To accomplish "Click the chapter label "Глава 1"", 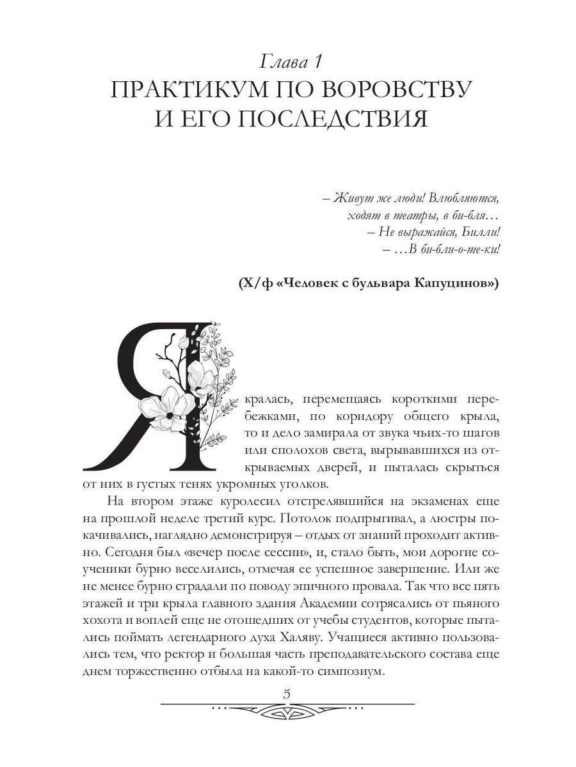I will click(292, 62).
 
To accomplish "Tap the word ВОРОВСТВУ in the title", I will click(396, 89).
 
